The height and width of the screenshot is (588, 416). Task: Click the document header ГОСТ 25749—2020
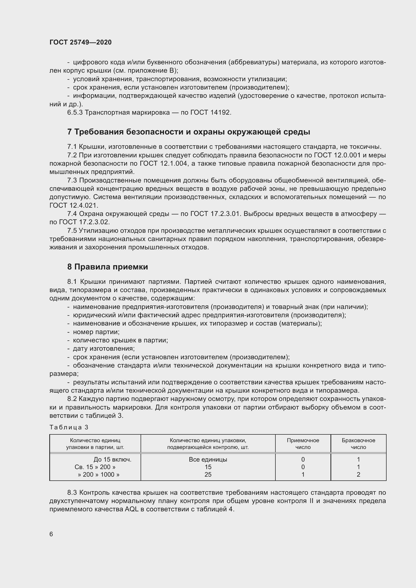pos(80,42)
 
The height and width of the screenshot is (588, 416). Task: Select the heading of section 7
pos(189,132)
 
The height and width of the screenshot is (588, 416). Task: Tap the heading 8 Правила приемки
pos(108,267)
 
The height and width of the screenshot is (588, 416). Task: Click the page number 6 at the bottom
pos(51,534)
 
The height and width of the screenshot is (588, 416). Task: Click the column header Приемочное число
pos(303,443)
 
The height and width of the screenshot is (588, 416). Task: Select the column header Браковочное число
pos(358,443)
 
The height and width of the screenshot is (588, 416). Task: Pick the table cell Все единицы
pos(208,460)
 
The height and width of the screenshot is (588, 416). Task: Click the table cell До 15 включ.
pos(112,460)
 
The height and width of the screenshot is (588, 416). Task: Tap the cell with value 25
pos(208,475)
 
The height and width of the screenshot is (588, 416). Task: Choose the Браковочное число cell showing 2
pos(358,475)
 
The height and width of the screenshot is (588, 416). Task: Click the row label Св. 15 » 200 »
pos(95,467)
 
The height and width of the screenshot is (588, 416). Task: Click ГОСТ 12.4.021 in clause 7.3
pos(73,205)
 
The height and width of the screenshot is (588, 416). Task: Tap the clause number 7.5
pos(72,231)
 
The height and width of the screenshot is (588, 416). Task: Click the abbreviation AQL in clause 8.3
pos(131,509)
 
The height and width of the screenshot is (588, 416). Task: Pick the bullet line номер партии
pos(96,332)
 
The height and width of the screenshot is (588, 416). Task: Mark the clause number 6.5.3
pos(75,112)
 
